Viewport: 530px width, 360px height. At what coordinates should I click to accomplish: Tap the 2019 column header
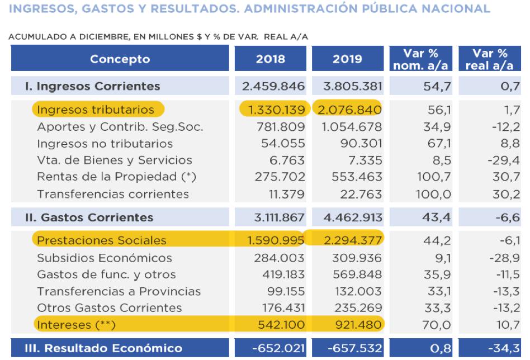coord(348,59)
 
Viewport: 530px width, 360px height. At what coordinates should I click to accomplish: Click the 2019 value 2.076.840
coord(348,110)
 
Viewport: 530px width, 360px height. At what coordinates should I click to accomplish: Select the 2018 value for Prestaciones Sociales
coord(273,241)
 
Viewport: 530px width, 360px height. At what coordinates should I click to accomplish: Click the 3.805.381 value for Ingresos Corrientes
coord(348,86)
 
